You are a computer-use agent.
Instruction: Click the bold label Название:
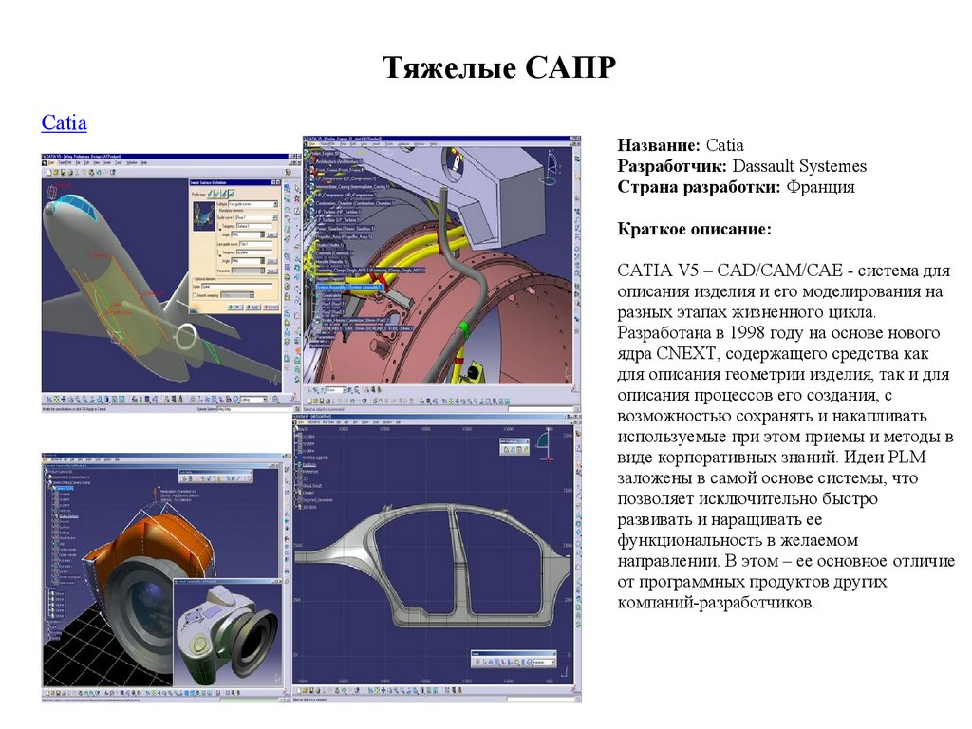pyautogui.click(x=659, y=145)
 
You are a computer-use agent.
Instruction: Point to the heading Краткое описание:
pyautogui.click(x=694, y=230)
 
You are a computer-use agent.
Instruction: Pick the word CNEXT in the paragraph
pyautogui.click(x=682, y=354)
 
